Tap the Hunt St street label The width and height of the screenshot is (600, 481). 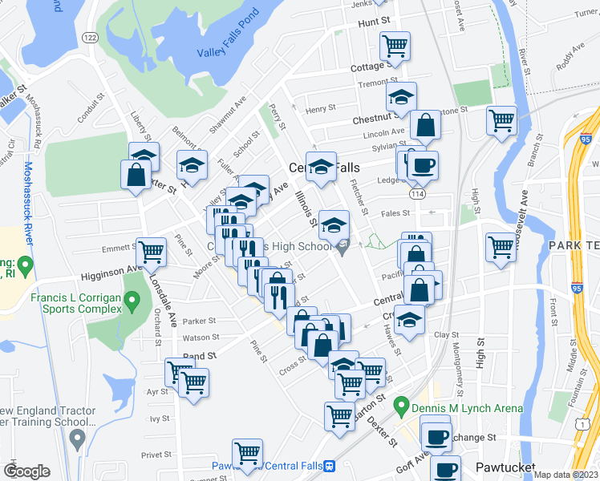point(374,24)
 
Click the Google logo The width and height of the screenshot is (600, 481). point(26,471)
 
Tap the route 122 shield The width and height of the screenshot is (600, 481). point(90,38)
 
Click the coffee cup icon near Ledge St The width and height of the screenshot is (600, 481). point(422,166)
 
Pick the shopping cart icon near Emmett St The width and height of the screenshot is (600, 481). point(151,252)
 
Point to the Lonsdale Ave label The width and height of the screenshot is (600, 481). point(162,301)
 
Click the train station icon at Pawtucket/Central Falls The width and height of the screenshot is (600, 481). point(328,466)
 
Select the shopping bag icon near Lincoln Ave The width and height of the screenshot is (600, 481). point(425,125)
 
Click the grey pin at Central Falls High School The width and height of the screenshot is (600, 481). point(343,249)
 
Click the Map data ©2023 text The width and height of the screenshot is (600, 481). point(566,475)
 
